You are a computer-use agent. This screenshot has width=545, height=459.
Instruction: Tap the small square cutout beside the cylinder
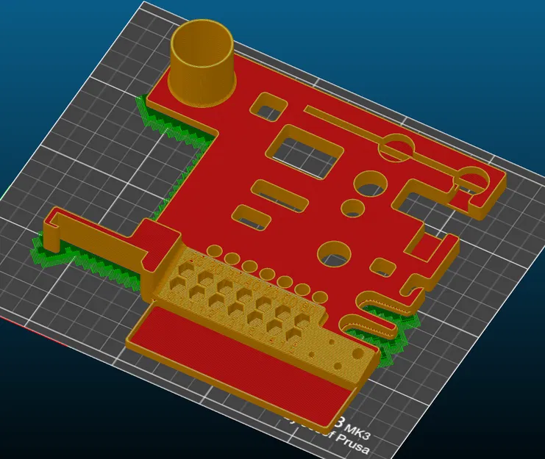(267, 109)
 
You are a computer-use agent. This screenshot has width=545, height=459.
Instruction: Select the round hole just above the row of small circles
(335, 254)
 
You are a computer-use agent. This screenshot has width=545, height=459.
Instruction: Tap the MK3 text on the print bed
(359, 426)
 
